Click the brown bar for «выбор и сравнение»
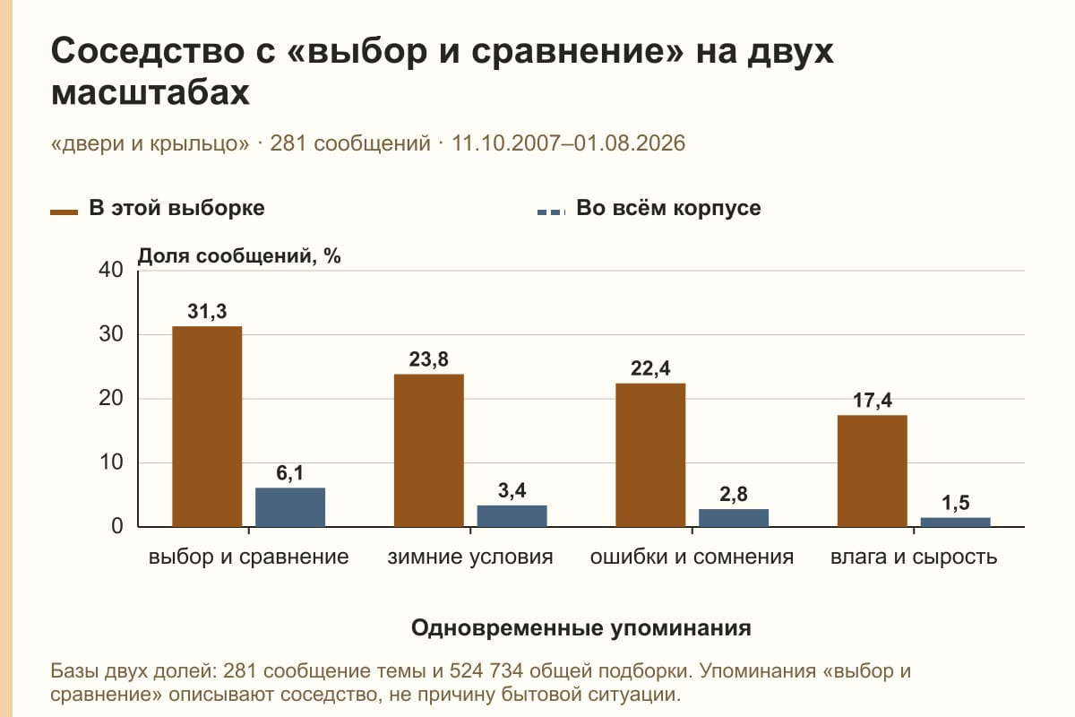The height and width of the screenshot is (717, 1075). click(207, 427)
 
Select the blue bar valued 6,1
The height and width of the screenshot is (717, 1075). click(290, 507)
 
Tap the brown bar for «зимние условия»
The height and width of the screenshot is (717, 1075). click(428, 451)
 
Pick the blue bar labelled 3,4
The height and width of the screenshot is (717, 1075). click(512, 515)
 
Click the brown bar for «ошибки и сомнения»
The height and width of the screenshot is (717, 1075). click(650, 454)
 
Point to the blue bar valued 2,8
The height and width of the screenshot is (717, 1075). click(734, 518)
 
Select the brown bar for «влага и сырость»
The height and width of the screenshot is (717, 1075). click(872, 471)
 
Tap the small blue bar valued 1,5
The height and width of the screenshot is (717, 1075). click(955, 522)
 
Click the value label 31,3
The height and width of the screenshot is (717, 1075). click(207, 312)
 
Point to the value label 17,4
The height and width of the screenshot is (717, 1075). click(872, 401)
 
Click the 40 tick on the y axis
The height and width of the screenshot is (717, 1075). click(111, 270)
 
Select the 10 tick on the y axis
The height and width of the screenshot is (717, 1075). click(111, 462)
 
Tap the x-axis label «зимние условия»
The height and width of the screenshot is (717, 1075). click(470, 557)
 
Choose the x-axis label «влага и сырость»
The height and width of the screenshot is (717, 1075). click(914, 557)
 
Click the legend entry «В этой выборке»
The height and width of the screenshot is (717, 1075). click(158, 209)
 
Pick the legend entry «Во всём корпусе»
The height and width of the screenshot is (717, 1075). click(649, 209)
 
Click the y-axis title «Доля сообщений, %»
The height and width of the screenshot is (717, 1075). click(239, 256)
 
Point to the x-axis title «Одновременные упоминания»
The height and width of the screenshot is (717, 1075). click(581, 628)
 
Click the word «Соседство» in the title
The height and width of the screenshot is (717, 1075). click(148, 51)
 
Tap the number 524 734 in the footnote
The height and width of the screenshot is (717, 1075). click(486, 671)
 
